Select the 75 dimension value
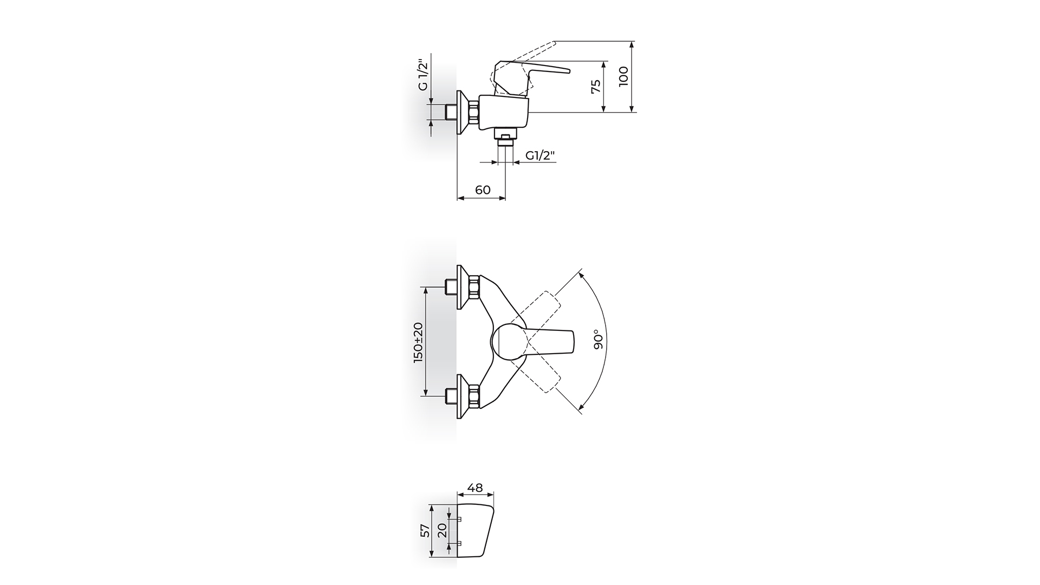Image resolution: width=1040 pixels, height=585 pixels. [596, 86]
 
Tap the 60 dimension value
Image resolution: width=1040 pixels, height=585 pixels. [483, 190]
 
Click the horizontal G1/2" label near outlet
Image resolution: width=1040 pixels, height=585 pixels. [541, 156]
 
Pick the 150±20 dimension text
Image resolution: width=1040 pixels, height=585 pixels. [418, 342]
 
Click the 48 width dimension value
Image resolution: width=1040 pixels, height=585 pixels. [474, 488]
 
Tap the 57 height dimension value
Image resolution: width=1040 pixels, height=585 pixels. [426, 530]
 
